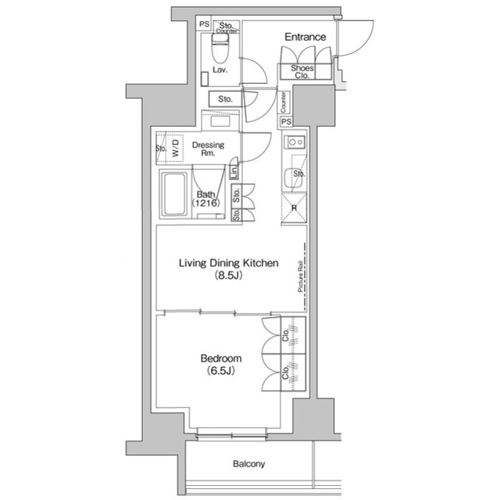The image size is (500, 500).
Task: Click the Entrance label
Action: (304, 37)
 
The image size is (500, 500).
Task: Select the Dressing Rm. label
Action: (208, 149)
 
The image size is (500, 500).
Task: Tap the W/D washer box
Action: (176, 148)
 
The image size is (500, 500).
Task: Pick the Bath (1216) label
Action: (206, 199)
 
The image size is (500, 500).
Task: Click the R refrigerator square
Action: (294, 207)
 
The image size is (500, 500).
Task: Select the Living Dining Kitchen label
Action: (228, 264)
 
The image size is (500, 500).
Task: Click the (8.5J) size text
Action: (228, 276)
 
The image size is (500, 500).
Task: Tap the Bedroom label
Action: (220, 358)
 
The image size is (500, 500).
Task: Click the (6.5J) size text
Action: (220, 371)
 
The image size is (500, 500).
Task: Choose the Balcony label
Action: (249, 464)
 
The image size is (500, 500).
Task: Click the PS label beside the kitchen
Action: (286, 122)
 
